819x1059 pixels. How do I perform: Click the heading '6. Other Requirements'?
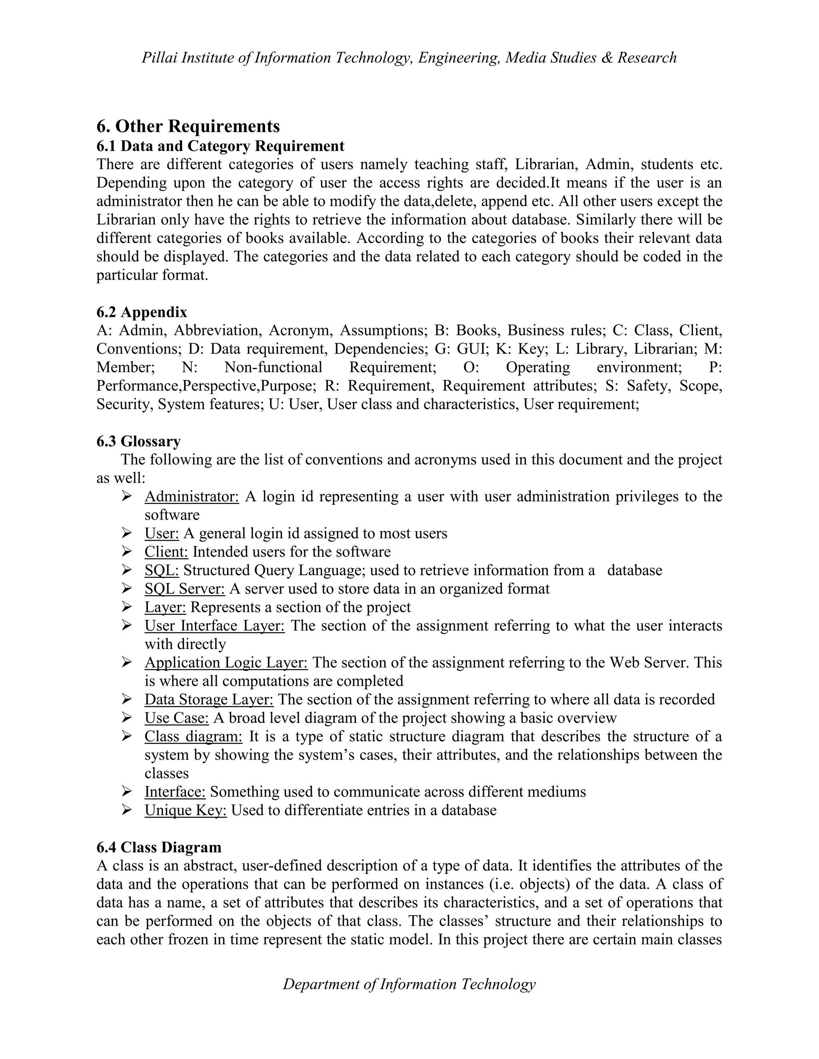click(x=188, y=127)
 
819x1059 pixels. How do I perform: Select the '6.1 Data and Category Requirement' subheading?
click(x=220, y=146)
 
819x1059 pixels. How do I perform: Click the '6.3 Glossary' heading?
click(x=138, y=441)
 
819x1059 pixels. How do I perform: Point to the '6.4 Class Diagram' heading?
click(x=159, y=847)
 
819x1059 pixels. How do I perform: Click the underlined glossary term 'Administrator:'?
click(x=192, y=496)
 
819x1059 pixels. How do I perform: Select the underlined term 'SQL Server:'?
click(x=184, y=589)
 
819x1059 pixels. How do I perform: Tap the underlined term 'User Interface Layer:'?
click(x=214, y=625)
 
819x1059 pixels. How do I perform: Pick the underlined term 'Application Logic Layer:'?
click(x=226, y=662)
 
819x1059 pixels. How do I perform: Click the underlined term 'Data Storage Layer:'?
click(x=209, y=699)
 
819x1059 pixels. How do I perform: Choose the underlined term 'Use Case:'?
click(x=177, y=718)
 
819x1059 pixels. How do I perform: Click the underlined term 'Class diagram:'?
click(x=193, y=736)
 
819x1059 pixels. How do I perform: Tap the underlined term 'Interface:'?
click(x=175, y=792)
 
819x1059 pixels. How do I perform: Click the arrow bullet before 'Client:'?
click(x=127, y=552)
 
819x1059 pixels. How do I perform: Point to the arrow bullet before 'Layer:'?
click(x=127, y=607)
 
